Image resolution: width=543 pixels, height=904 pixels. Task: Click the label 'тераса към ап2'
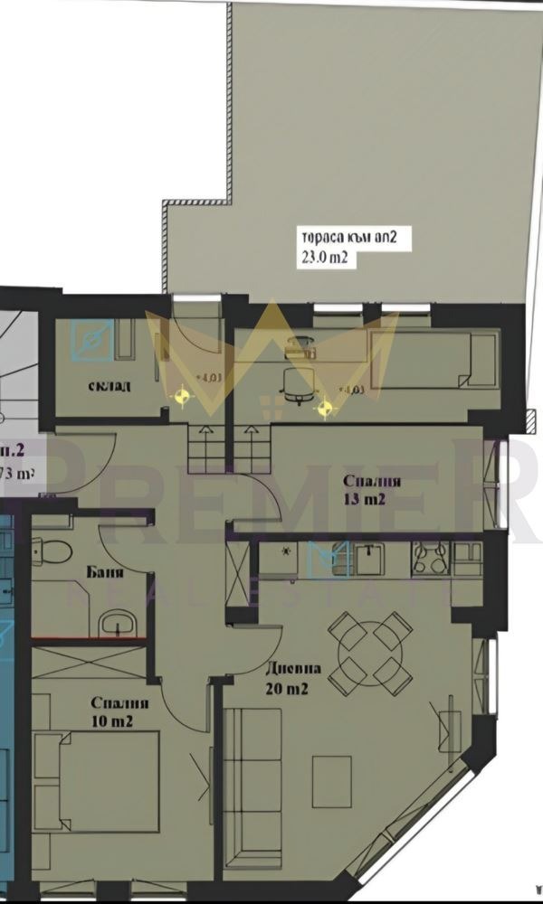pyautogui.click(x=343, y=240)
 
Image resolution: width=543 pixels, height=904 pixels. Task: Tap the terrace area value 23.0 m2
pyautogui.click(x=325, y=258)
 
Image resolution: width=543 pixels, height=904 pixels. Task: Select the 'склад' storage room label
pyautogui.click(x=110, y=386)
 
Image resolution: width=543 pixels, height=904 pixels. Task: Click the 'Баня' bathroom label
pyautogui.click(x=105, y=571)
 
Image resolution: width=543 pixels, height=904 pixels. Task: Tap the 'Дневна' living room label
pyautogui.click(x=293, y=670)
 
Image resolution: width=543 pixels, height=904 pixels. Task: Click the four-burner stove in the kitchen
pyautogui.click(x=431, y=558)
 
